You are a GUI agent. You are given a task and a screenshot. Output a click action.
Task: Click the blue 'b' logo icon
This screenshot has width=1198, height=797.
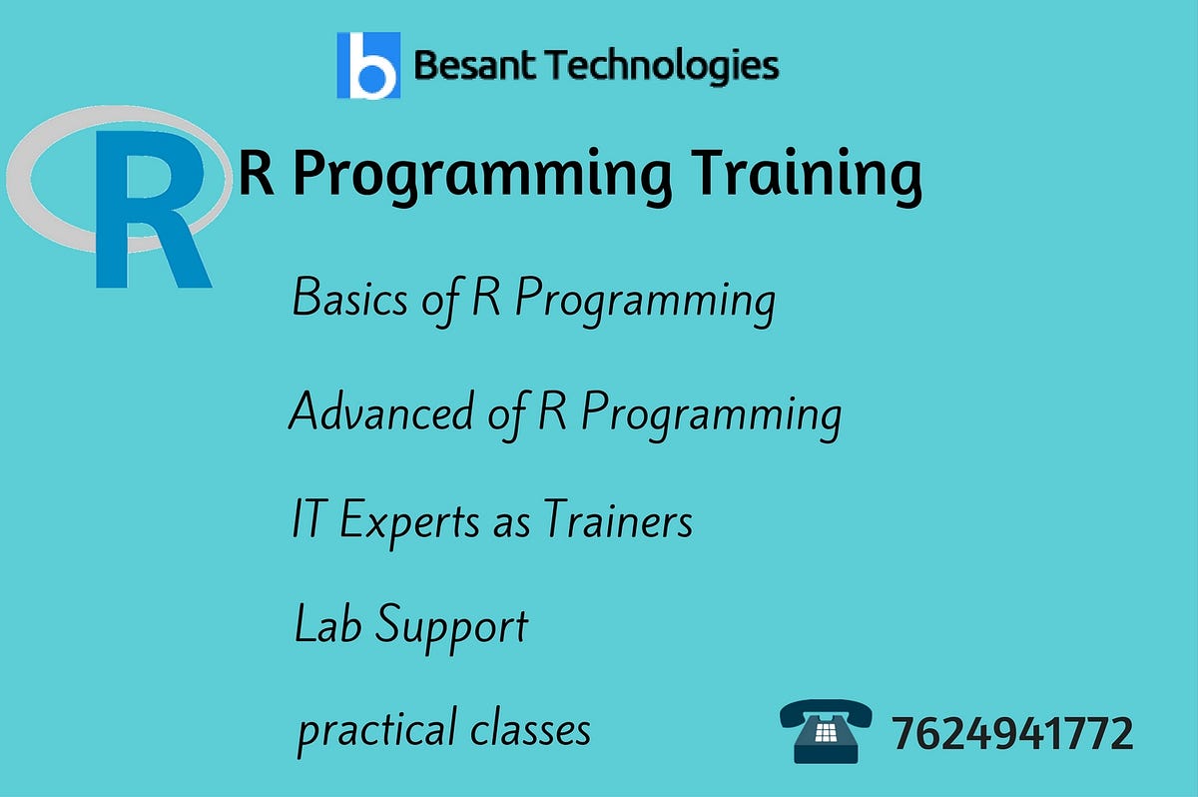pyautogui.click(x=368, y=66)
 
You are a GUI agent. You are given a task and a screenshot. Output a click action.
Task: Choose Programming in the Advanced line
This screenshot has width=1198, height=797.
pyautogui.click(x=711, y=413)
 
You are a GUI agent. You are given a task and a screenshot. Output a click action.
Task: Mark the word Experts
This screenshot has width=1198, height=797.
pyautogui.click(x=411, y=522)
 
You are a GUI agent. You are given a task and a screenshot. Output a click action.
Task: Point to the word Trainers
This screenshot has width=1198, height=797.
pyautogui.click(x=618, y=520)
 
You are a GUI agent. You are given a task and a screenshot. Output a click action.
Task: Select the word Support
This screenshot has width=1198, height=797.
pyautogui.click(x=451, y=627)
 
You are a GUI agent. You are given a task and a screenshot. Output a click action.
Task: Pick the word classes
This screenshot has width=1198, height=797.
pyautogui.click(x=530, y=728)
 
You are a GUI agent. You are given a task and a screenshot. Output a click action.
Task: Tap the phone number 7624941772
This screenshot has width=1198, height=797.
pyautogui.click(x=1012, y=734)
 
